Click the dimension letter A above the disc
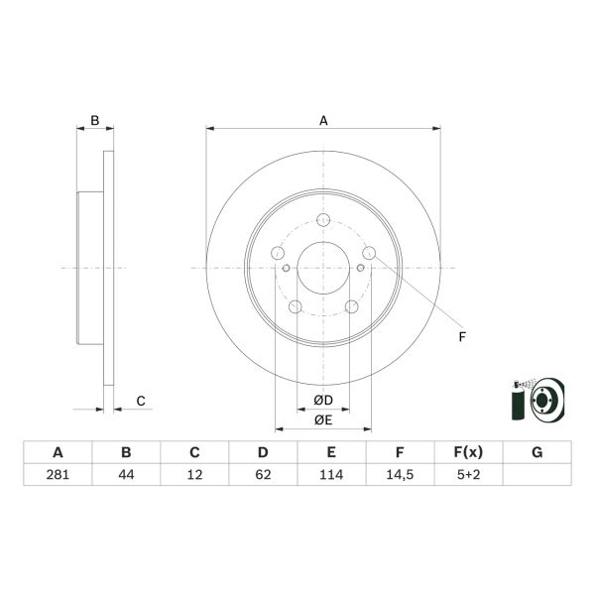(x=323, y=121)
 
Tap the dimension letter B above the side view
(x=95, y=121)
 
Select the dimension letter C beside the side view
(x=141, y=401)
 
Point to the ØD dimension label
(x=323, y=400)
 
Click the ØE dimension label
(x=323, y=420)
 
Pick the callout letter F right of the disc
(x=462, y=338)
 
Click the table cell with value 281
(x=58, y=474)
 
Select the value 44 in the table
(x=126, y=474)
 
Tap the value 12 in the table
(x=194, y=474)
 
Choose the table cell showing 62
(x=263, y=474)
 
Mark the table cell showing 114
(x=331, y=474)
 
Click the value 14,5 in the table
(x=400, y=474)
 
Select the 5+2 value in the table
(x=468, y=474)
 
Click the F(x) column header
(x=468, y=452)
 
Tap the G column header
(x=536, y=452)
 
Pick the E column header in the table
(x=331, y=452)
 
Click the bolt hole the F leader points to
(x=369, y=255)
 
